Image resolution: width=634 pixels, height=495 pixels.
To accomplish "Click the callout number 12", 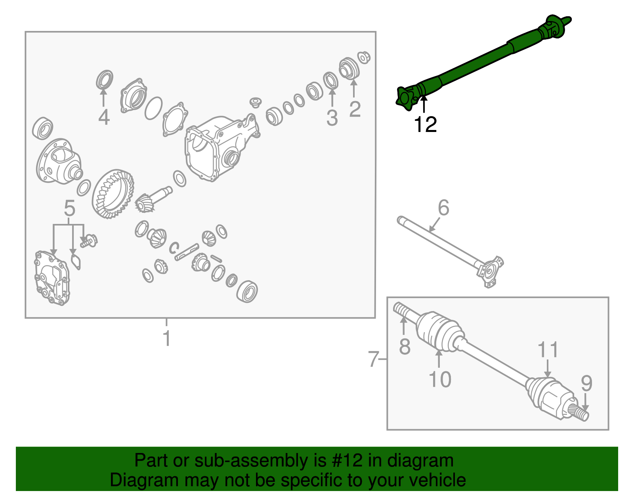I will click(x=425, y=124).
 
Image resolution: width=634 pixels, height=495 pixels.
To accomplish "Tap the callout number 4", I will click(x=104, y=117).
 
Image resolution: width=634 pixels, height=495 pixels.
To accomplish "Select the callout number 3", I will click(x=332, y=118).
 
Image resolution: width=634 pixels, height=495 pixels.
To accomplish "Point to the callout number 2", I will click(x=355, y=109).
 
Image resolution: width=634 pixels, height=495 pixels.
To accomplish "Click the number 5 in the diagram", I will click(x=69, y=208).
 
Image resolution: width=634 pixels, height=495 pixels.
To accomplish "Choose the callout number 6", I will click(x=443, y=208).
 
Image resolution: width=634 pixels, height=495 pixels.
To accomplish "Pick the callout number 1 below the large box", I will click(x=167, y=338).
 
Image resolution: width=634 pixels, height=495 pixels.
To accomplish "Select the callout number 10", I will click(x=440, y=379).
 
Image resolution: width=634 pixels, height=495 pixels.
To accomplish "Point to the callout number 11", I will click(x=548, y=350).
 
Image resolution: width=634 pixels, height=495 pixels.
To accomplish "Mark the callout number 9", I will click(x=586, y=383).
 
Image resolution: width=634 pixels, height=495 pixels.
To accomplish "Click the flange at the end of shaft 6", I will click(x=491, y=271).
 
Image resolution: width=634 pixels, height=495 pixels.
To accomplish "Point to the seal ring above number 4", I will click(x=105, y=80).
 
